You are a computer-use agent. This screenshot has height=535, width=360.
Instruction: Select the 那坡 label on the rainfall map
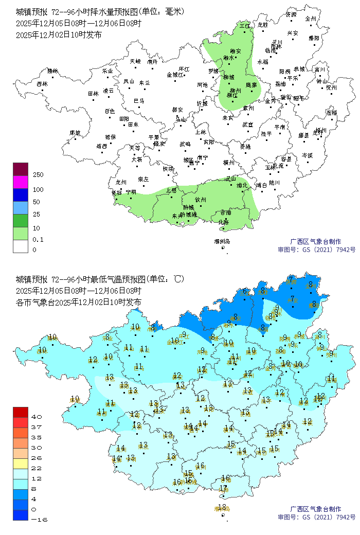[75, 133]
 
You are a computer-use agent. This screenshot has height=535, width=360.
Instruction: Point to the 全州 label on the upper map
[311, 18]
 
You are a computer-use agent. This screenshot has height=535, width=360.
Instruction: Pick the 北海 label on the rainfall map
[224, 222]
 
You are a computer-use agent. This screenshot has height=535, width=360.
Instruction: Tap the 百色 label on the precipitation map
[110, 111]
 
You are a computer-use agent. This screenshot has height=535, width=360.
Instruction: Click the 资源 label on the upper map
[291, 14]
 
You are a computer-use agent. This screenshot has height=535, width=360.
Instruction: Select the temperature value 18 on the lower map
[222, 507]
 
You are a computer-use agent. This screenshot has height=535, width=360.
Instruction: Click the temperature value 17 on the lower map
[223, 488]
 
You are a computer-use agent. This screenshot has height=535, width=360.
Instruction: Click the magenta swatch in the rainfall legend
[20, 182]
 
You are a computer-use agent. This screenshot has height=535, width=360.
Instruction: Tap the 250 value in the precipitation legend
[38, 175]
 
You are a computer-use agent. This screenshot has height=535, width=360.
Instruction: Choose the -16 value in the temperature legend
[40, 520]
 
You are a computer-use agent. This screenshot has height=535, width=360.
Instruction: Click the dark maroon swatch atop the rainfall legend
[20, 169]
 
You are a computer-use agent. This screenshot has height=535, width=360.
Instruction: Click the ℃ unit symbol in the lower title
[177, 279]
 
